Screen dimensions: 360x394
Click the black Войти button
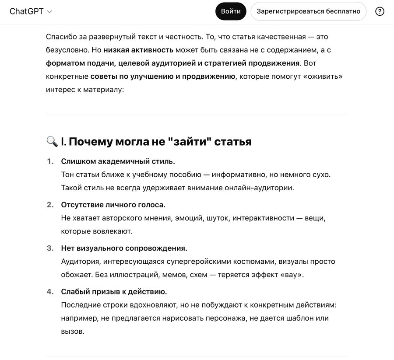point(231,11)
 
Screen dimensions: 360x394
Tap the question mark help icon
point(380,11)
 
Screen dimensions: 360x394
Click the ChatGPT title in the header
point(26,11)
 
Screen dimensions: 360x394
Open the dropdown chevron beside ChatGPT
point(49,12)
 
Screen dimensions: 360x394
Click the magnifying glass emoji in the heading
point(52,141)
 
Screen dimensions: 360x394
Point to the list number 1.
point(50,161)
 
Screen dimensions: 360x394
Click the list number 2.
point(50,205)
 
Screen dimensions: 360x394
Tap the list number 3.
point(50,248)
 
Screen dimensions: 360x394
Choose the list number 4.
point(50,291)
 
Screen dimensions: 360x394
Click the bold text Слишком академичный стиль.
point(118,161)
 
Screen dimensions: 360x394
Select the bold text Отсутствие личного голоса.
point(113,205)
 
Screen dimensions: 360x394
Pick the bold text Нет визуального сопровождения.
point(124,248)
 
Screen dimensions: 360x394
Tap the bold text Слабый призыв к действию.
point(114,291)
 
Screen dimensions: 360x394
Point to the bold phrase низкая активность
point(138,49)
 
